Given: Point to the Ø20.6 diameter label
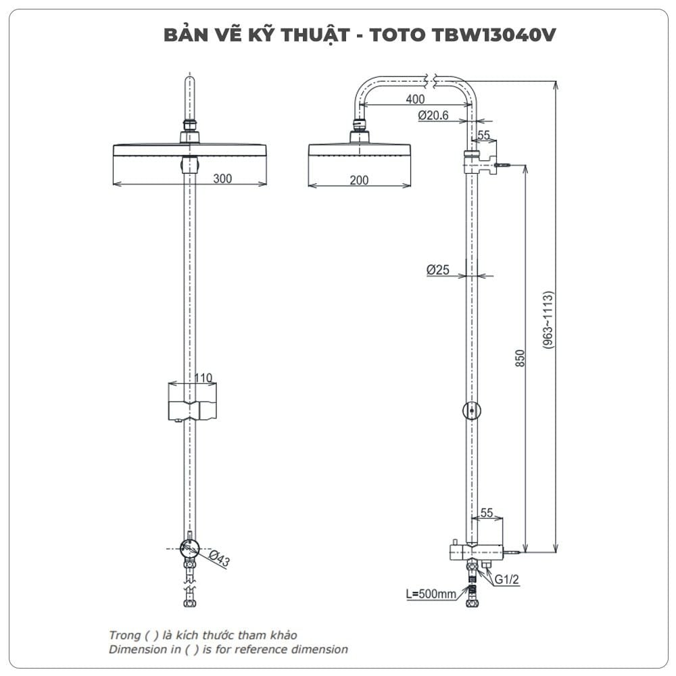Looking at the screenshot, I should coord(433,116).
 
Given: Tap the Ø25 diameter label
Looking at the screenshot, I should coord(438,270).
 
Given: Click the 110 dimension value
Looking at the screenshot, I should coord(203,378).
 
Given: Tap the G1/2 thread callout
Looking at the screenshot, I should coord(506,579).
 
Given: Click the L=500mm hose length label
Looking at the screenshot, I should coord(431,595).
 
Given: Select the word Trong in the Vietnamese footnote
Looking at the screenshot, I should coord(124,635).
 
